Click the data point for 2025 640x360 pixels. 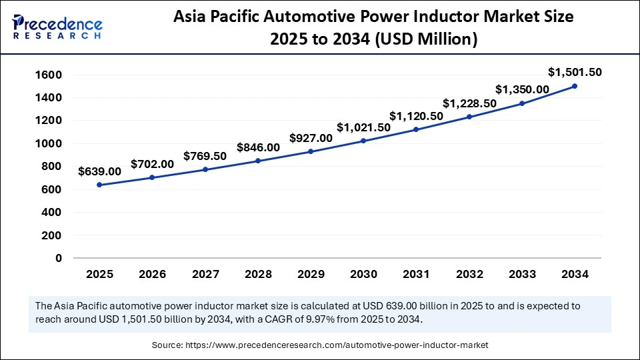tap(99, 185)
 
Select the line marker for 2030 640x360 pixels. tap(363, 141)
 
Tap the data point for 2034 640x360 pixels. tap(575, 86)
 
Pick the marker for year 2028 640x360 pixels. tap(258, 161)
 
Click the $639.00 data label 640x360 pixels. tap(99, 171)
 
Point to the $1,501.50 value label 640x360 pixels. tap(575, 72)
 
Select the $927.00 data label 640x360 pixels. tap(311, 138)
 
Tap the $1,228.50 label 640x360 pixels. tap(469, 103)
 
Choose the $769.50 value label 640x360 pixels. tap(205, 155)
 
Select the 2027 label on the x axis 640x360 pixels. tap(205, 274)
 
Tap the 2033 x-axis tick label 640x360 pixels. tap(521, 274)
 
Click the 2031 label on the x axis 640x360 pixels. tap(416, 274)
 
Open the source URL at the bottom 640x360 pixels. tap(319, 345)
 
